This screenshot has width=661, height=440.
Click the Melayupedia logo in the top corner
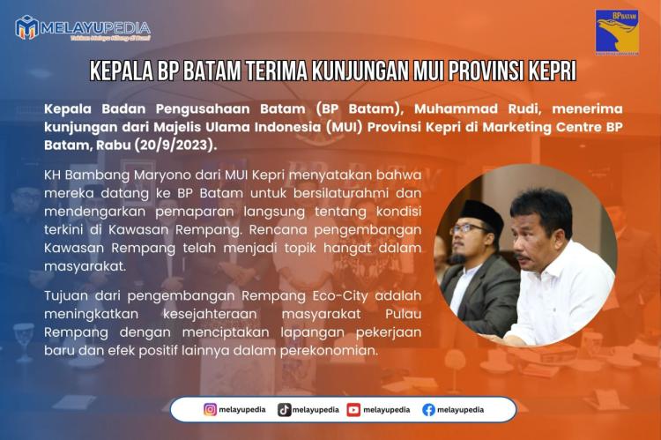(83, 27)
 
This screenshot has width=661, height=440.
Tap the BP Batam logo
(616, 33)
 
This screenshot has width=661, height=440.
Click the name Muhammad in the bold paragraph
(436, 108)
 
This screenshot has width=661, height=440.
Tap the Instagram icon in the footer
(210, 409)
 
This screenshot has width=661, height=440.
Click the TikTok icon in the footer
(284, 409)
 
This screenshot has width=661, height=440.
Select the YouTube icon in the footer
(353, 409)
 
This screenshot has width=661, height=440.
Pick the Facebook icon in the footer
(428, 409)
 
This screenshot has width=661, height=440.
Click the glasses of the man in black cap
(467, 229)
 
